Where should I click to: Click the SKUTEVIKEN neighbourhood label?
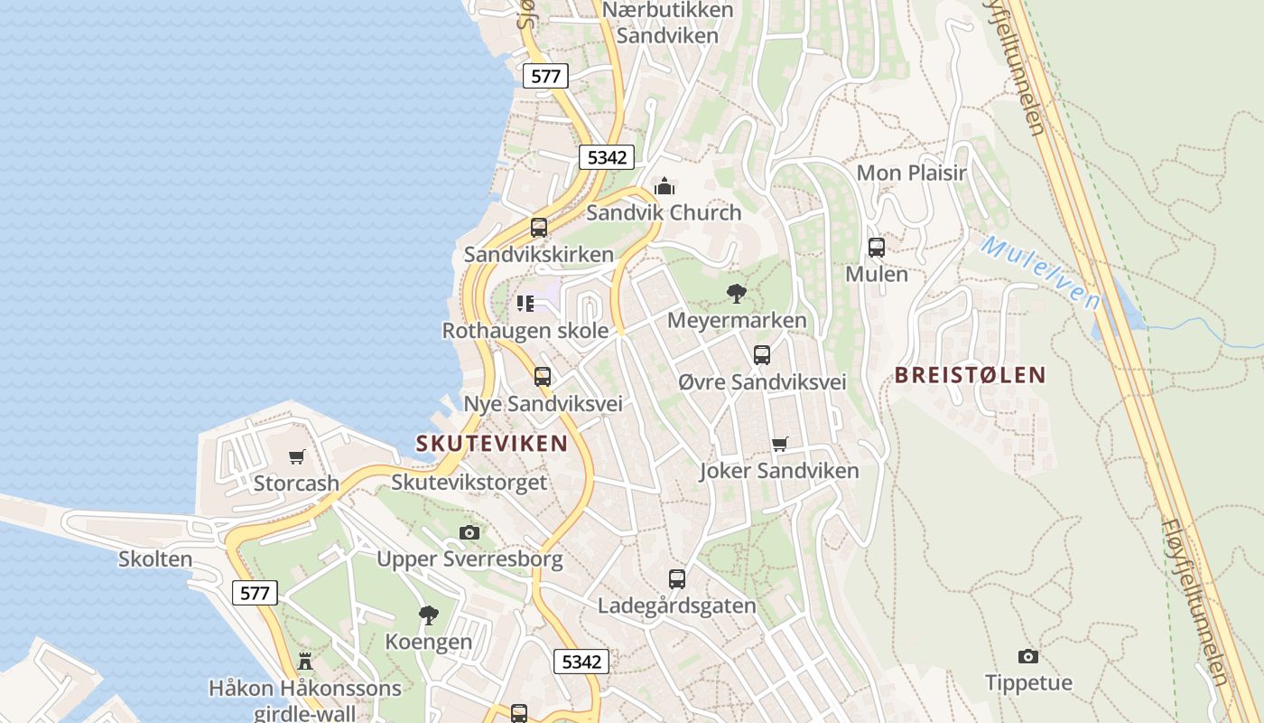[x=491, y=444]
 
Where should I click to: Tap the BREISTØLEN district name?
[x=970, y=375]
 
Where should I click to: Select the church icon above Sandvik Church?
[x=665, y=186]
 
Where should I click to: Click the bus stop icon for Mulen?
[x=876, y=247]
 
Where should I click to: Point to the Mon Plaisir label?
[x=911, y=173]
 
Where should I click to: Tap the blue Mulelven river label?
[x=1040, y=272]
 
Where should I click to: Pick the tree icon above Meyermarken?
[x=737, y=293]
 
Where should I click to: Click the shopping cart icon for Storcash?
[x=296, y=456]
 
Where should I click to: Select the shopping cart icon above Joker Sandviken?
[x=779, y=444]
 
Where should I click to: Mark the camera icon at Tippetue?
[x=1027, y=656]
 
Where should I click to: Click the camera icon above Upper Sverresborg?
[x=469, y=532]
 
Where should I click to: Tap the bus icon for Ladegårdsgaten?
[x=676, y=578]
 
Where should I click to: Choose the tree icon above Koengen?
[x=429, y=615]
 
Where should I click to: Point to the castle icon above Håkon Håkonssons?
[x=305, y=662]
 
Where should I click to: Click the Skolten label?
[x=155, y=559]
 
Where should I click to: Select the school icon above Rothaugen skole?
[x=525, y=303]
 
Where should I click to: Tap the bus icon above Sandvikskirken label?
[x=539, y=227]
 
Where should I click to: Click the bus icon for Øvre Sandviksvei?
[x=761, y=354]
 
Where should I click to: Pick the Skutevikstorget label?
[x=469, y=482]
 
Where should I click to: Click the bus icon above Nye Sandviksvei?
[x=542, y=376]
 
